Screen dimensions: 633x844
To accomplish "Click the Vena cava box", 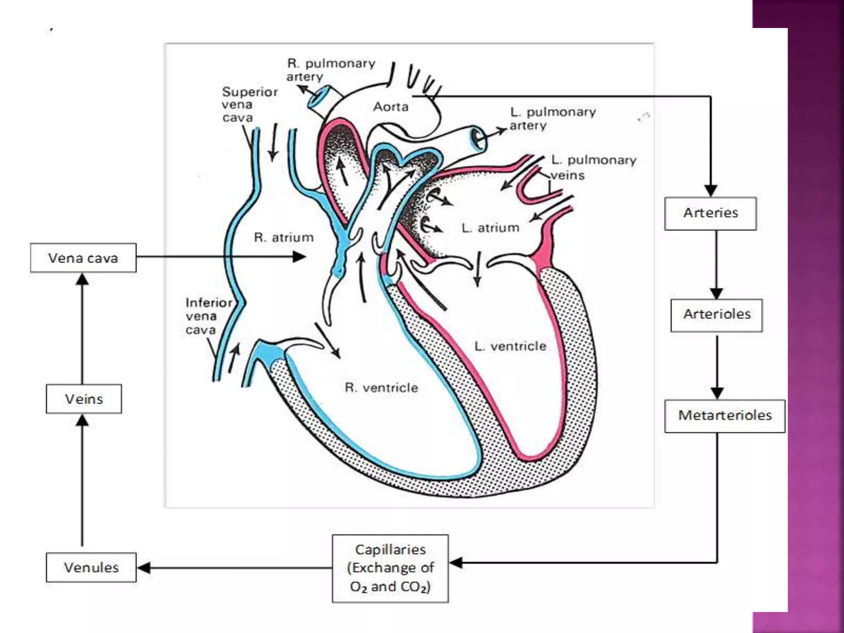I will pos(83,258).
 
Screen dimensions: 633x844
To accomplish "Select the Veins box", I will pos(84,399).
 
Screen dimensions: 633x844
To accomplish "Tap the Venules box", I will pos(91,567).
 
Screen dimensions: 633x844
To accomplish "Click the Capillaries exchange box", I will pos(390,568).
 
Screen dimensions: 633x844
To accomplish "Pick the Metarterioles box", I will pos(724,415).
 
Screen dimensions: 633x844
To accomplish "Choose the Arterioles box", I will pos(716,315).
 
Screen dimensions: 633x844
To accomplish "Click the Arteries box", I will pos(710,213).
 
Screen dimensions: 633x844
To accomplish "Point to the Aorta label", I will pos(391,107).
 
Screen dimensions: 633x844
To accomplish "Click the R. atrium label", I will pos(284,237).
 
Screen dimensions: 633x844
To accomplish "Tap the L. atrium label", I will pos(490,227).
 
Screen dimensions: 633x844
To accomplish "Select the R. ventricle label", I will pos(381,387).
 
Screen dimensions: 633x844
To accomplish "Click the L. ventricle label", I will pos(510,346).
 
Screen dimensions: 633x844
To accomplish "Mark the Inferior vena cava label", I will pos(208,316).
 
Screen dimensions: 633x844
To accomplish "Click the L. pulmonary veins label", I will pos(593,167).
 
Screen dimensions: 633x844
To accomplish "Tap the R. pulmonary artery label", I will pos(331,70).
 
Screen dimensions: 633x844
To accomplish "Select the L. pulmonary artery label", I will pos(552,118).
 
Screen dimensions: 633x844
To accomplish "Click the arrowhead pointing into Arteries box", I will pos(710,190).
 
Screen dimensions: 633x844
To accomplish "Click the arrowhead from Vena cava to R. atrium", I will pos(299,257).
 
